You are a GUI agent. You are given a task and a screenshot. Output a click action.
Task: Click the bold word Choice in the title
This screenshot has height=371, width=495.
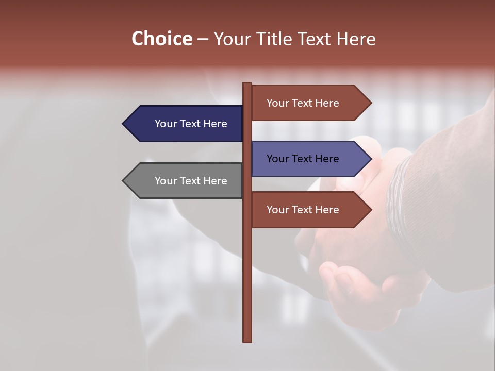(161, 39)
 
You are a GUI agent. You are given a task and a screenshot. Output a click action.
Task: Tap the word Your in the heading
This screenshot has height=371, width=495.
(234, 39)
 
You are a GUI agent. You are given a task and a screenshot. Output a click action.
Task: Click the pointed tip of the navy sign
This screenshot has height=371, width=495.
(124, 124)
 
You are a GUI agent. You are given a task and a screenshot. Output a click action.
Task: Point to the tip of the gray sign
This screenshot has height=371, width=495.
(124, 181)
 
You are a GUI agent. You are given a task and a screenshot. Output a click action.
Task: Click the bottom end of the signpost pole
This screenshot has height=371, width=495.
(247, 340)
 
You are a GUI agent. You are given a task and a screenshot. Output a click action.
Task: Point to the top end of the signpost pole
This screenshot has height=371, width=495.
(247, 85)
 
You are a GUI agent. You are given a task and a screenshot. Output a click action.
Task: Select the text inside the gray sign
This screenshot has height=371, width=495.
(191, 181)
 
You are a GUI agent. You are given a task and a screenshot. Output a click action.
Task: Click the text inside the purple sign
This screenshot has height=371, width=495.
(303, 159)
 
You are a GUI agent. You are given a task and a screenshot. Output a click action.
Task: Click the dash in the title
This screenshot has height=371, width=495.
(203, 40)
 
